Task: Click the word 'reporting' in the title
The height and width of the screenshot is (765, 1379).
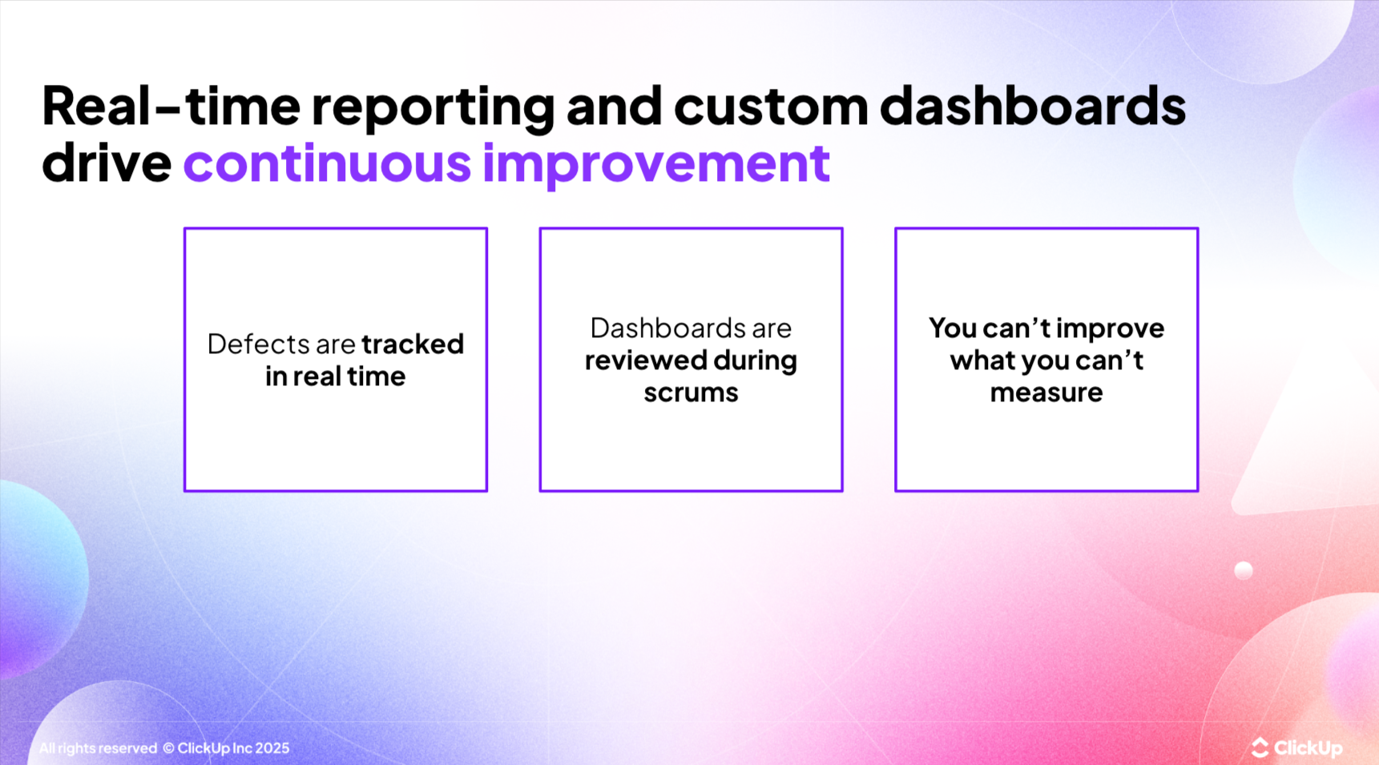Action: click(x=433, y=107)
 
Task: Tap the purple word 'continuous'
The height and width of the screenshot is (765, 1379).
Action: click(x=327, y=163)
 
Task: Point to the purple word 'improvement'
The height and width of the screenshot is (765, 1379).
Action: click(x=655, y=163)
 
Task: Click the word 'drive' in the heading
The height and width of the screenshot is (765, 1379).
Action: click(x=107, y=163)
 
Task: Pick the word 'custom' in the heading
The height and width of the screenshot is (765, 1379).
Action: click(x=771, y=107)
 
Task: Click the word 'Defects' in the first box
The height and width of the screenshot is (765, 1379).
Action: click(x=258, y=344)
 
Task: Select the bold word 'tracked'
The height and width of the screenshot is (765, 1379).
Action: click(x=413, y=344)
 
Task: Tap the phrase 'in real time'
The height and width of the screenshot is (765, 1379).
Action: click(x=335, y=376)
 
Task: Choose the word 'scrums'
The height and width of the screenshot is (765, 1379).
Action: click(x=691, y=393)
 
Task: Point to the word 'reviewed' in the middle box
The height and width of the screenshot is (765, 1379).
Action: click(x=643, y=360)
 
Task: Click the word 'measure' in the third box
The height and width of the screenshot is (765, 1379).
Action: click(x=1046, y=393)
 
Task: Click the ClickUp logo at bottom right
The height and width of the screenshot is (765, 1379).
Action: click(x=1296, y=747)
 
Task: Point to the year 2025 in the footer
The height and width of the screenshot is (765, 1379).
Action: click(x=272, y=748)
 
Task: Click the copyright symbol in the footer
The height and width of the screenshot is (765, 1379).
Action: click(x=168, y=748)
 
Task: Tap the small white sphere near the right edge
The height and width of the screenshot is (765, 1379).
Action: click(x=1243, y=570)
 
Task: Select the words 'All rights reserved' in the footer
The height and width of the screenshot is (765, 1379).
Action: click(x=98, y=748)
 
